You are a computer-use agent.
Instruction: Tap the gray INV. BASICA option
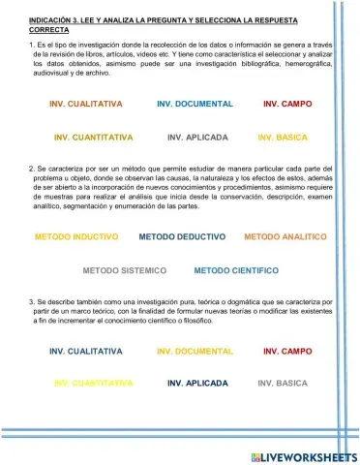283,384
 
